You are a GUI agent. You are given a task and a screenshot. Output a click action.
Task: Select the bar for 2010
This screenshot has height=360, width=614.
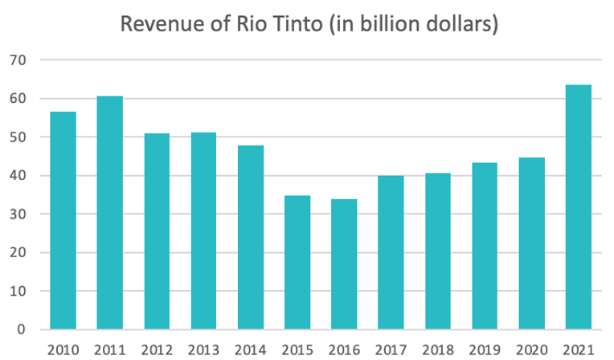[63, 221]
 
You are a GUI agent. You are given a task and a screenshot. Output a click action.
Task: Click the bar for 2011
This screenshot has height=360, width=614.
[109, 213]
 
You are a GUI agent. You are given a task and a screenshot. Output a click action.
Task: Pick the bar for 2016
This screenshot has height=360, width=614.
[343, 264]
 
